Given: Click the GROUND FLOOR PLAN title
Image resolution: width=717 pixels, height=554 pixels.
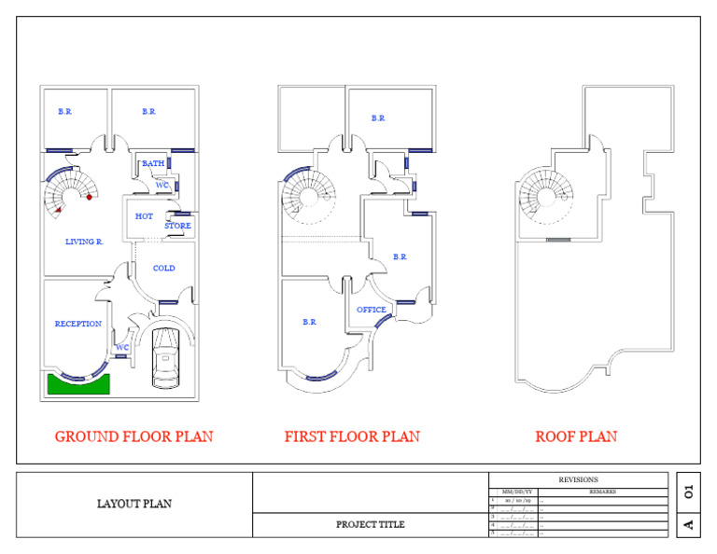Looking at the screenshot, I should (134, 436).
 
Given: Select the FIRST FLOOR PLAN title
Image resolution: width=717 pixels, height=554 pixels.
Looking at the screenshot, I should (352, 436).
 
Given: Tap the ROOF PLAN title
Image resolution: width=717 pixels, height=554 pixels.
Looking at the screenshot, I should (576, 436).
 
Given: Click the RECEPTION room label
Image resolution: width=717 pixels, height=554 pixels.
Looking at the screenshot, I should (78, 325).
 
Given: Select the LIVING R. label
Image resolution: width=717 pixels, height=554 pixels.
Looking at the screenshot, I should (84, 242).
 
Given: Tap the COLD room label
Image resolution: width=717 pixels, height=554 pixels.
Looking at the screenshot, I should (163, 269).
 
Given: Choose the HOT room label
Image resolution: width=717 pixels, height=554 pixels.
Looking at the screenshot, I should (144, 216).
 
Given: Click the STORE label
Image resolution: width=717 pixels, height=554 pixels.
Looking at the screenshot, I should (177, 226).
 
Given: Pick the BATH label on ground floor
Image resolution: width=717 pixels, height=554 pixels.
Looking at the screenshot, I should (153, 163).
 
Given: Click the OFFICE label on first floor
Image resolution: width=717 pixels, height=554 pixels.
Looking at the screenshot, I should (372, 310).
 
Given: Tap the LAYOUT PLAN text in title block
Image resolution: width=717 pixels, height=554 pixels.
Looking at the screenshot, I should (134, 504).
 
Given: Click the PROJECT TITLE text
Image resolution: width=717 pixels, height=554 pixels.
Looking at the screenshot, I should (371, 524).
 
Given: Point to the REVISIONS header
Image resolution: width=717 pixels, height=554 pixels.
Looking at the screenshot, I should (578, 479).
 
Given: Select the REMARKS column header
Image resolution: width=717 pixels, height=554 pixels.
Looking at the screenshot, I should (602, 492).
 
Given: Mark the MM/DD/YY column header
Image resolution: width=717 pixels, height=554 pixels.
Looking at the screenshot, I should (517, 492).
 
